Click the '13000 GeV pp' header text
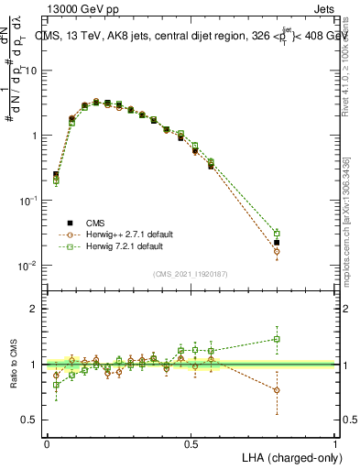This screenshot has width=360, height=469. (80, 8)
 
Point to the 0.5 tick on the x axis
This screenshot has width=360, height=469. (191, 443)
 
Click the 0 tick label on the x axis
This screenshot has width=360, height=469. (47, 443)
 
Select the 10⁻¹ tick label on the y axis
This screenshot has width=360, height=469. (28, 201)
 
